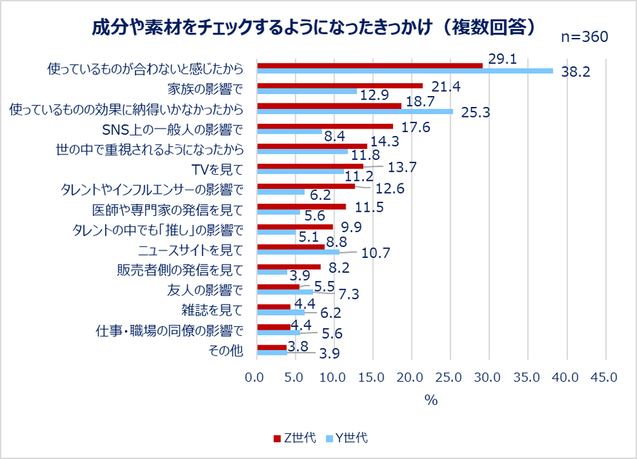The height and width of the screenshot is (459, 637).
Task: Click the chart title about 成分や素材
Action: [315, 27]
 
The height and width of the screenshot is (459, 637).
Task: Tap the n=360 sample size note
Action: [585, 37]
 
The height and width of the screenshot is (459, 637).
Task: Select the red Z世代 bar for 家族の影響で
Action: [340, 85]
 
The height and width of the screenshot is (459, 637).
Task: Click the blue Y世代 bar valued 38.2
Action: [405, 71]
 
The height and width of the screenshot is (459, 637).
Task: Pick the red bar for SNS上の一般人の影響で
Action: [325, 126]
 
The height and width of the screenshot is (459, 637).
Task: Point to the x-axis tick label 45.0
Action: [604, 377]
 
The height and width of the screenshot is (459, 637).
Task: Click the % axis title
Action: [431, 399]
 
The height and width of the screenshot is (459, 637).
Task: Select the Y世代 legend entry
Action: [346, 438]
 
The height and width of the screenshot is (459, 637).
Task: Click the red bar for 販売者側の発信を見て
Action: [289, 267]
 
